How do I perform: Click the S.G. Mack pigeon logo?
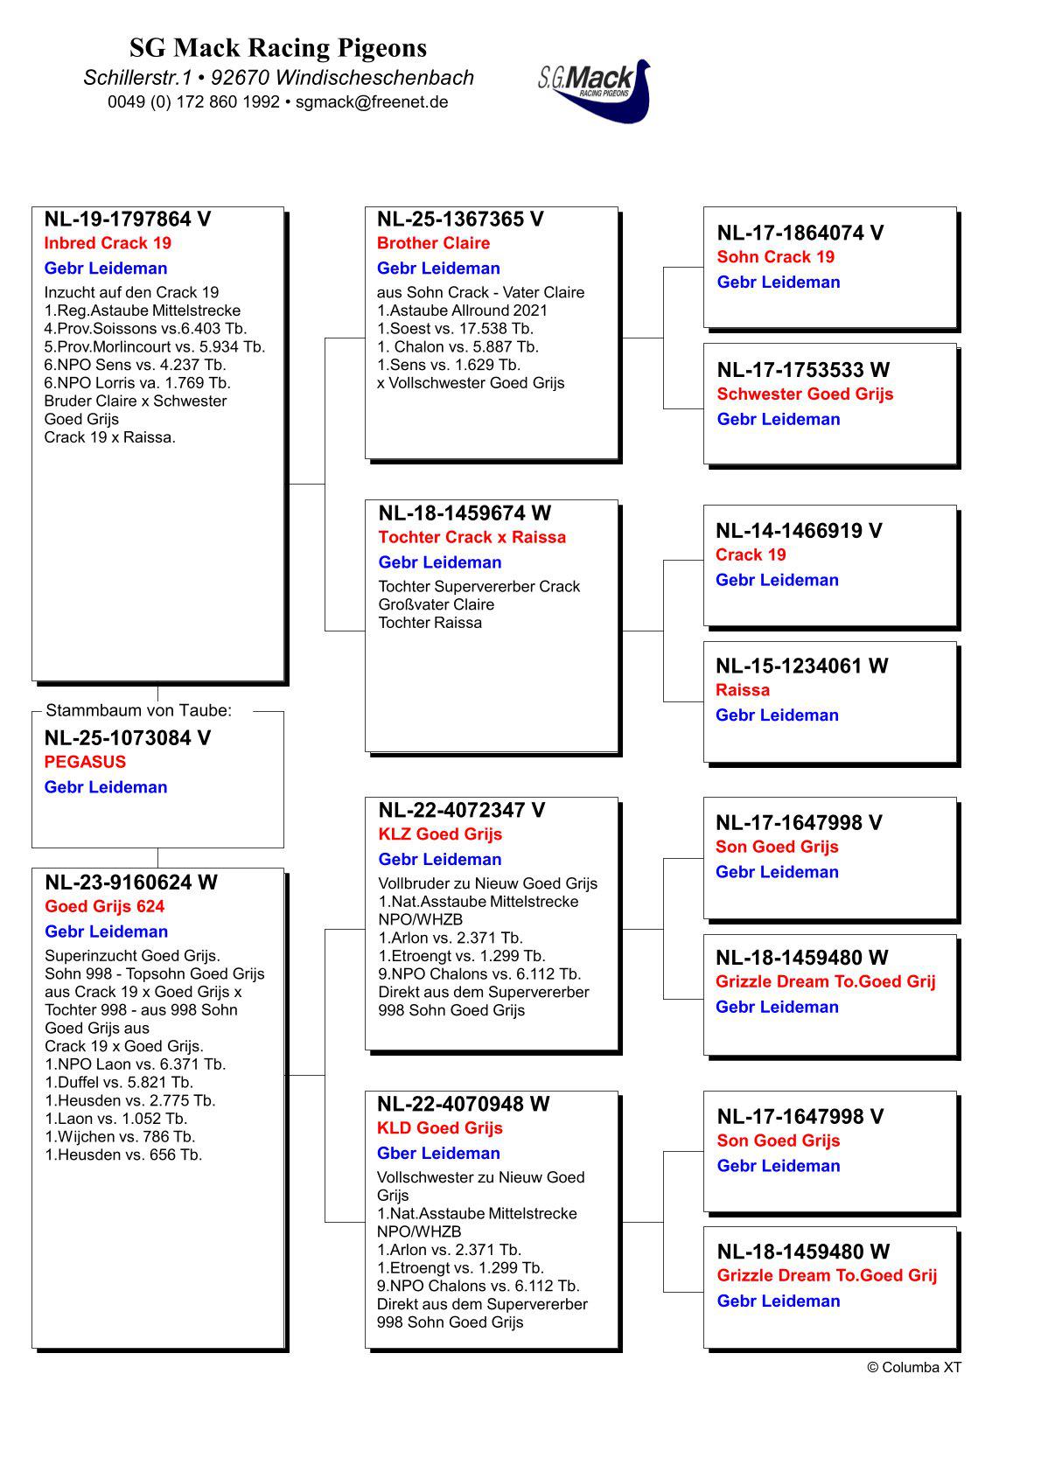coord(595,90)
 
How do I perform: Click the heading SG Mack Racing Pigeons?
coord(278,47)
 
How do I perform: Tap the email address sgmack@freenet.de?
coord(372,101)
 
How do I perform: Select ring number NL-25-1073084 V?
coord(128,738)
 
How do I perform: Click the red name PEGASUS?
coord(85,762)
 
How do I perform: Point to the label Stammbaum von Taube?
coord(138,711)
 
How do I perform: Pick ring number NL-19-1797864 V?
coord(128,220)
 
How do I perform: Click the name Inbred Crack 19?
coord(108,243)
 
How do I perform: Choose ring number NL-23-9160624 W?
coord(131,883)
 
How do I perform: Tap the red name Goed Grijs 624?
coord(105,907)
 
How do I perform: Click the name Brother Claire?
coord(433,243)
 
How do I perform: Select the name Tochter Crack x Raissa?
coord(472,537)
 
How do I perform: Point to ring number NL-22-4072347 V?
coord(461,811)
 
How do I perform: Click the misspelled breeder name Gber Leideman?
coord(438,1154)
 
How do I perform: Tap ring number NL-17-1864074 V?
coord(800,233)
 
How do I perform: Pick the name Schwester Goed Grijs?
coord(805,394)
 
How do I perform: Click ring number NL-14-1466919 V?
coord(798,531)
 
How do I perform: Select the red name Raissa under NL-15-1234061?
coord(743,690)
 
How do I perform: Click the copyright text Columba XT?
coord(914,1367)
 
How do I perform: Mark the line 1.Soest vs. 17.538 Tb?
coord(455,329)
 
